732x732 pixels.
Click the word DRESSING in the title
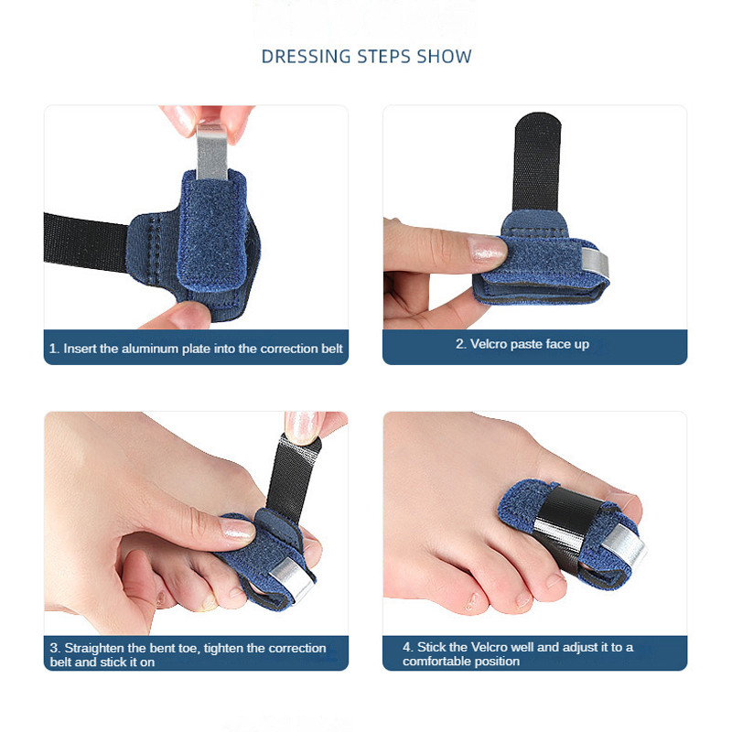(307, 57)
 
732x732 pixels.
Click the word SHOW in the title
(444, 57)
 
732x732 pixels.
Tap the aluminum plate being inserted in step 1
(212, 151)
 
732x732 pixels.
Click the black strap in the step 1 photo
(85, 242)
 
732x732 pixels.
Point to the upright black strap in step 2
(537, 164)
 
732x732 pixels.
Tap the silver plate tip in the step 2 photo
(596, 262)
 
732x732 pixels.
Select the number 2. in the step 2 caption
(461, 344)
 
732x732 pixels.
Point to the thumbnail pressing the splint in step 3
(237, 530)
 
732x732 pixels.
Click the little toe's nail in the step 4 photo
(472, 601)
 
